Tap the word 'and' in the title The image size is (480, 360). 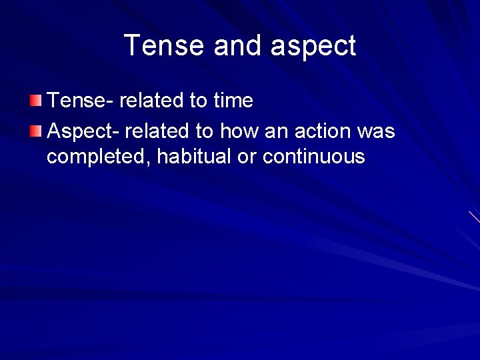[x=241, y=46]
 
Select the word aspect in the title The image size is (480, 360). [x=313, y=47]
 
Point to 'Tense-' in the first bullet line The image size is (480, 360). [x=80, y=101]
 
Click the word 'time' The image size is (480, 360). [x=233, y=101]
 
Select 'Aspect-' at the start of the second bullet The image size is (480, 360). [x=83, y=131]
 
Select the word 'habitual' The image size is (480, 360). [x=186, y=157]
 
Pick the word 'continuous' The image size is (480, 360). [x=314, y=157]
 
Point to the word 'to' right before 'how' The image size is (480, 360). [x=204, y=131]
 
